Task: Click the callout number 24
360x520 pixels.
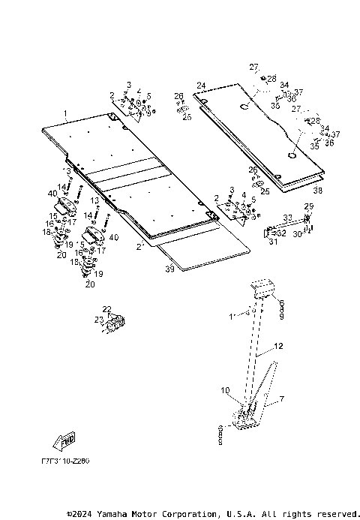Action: (x=201, y=85)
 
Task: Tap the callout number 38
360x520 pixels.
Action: (x=317, y=191)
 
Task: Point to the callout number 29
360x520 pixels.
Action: (x=308, y=206)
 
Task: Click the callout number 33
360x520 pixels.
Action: (x=286, y=217)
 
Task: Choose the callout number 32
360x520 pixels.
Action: (x=281, y=233)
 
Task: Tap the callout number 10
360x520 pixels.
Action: (x=224, y=389)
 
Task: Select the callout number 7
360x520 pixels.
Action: (x=282, y=399)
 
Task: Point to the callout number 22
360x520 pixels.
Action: (x=106, y=309)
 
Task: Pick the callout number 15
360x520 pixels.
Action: (x=53, y=216)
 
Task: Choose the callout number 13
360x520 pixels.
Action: (x=95, y=201)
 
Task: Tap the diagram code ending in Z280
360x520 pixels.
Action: (x=65, y=461)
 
